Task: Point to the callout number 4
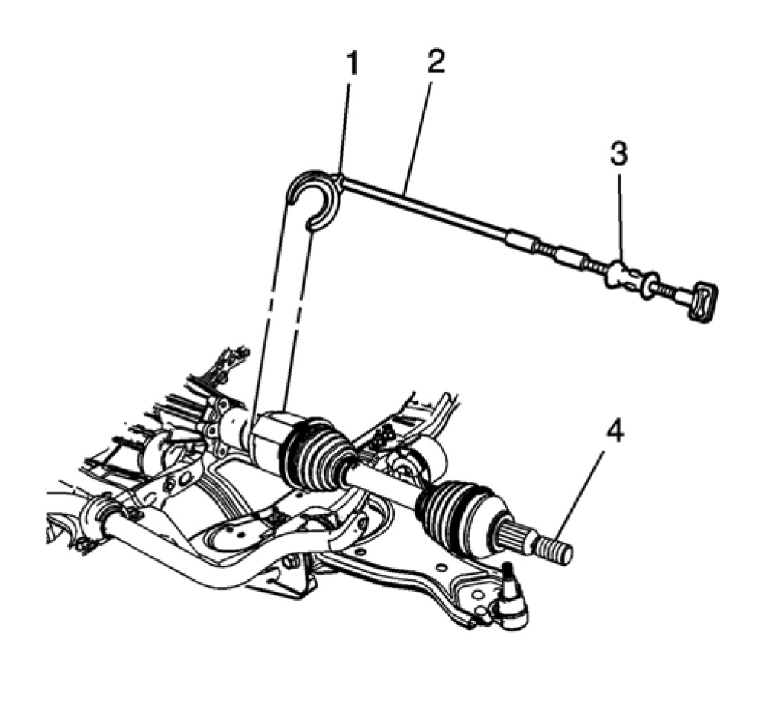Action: tap(615, 432)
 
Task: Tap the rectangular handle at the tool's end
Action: tap(705, 301)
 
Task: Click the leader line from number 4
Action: tap(584, 488)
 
